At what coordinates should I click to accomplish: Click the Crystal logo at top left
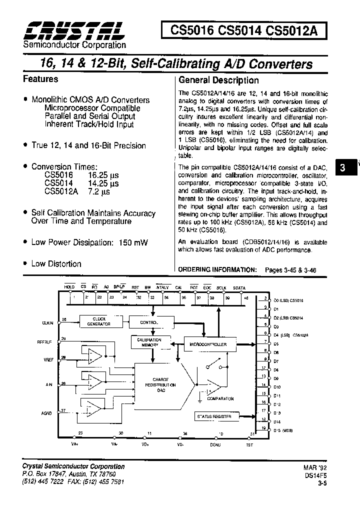point(74,31)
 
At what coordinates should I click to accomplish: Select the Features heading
point(40,79)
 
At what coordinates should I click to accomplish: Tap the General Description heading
point(218,80)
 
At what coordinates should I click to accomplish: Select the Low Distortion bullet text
point(56,263)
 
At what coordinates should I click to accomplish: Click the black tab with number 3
point(342,168)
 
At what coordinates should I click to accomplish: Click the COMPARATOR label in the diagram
point(221,398)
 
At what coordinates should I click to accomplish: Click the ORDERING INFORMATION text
point(216,269)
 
